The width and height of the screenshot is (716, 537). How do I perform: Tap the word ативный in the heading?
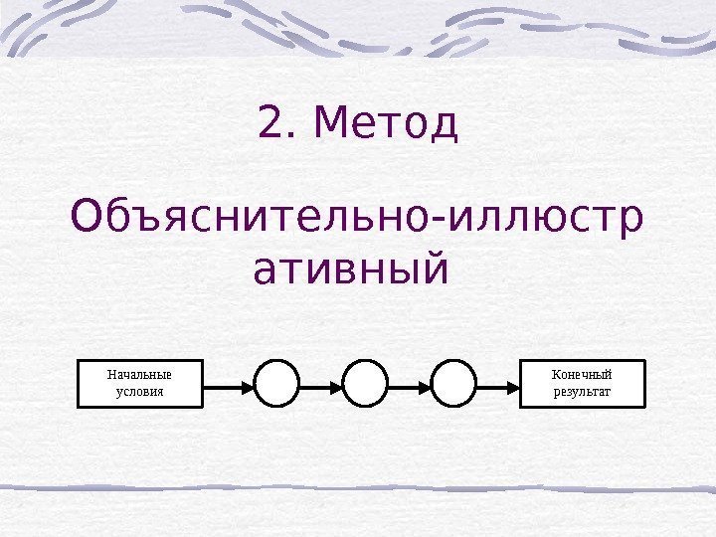pos(351,268)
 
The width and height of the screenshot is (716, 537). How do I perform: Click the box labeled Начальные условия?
pos(139,384)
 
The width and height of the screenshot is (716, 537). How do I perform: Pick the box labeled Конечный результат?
pos(583,384)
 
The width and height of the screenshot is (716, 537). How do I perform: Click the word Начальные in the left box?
pos(139,375)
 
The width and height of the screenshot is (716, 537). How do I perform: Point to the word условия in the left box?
pos(139,392)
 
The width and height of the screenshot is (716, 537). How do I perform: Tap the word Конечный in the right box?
pos(583,375)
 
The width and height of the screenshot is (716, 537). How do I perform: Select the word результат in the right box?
pos(583,392)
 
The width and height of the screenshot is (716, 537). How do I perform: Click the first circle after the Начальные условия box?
pos(277,384)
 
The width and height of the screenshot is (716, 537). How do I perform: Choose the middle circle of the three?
pos(365,384)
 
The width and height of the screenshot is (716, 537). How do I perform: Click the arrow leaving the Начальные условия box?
pos(229,384)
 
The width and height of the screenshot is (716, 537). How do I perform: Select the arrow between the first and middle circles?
pos(321,384)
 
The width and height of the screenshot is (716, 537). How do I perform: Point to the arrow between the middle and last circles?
pos(409,384)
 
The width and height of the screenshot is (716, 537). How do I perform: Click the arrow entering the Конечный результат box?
pos(498,384)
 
